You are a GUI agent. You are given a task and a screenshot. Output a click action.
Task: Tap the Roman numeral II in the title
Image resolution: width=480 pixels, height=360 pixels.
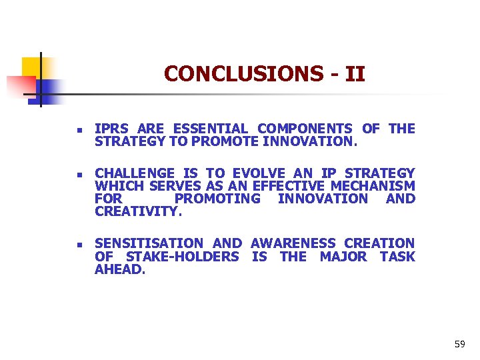coord(355,73)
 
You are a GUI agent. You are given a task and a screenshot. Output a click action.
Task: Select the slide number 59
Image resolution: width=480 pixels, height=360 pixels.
coord(459,344)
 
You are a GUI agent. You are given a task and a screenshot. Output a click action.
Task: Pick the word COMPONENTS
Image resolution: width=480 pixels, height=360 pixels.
coord(305,129)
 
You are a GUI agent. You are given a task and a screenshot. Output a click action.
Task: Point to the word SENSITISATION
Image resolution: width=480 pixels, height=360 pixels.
coord(149,243)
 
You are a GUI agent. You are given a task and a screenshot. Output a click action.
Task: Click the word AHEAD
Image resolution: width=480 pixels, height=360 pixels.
coord(120,269)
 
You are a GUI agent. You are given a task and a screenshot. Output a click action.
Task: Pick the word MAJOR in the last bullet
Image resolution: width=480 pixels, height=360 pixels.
coord(343,256)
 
